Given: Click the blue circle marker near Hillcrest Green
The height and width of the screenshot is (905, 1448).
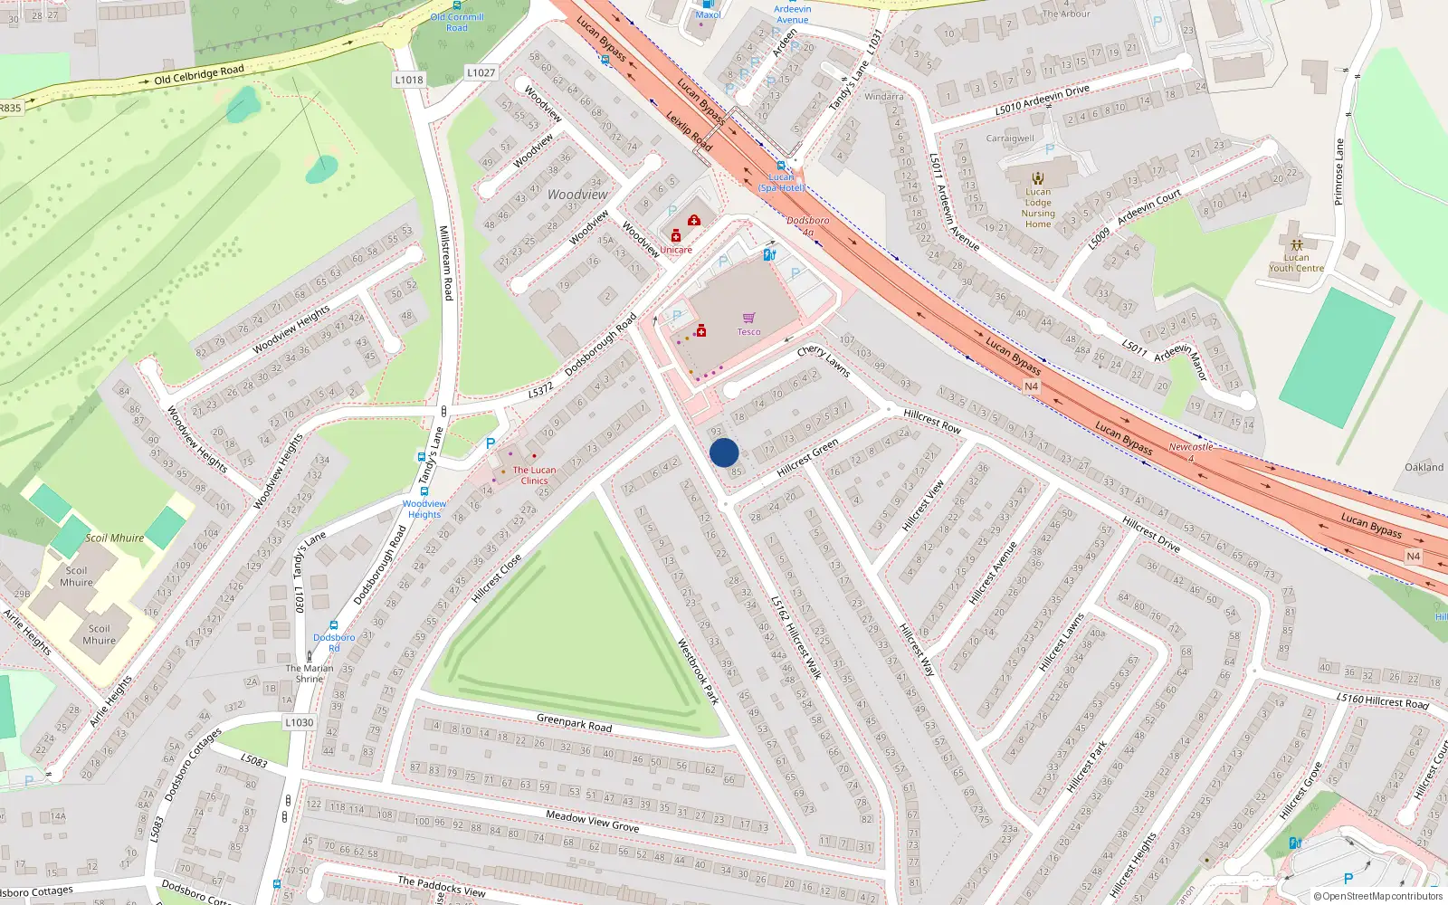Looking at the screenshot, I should (724, 452).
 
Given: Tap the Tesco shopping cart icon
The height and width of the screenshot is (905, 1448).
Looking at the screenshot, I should (748, 318).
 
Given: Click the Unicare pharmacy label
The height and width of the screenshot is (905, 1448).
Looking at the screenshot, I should (676, 250).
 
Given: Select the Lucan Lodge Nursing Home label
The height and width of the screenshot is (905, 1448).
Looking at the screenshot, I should (1038, 208).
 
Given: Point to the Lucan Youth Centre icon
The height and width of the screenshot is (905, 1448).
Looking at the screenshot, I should (1296, 244).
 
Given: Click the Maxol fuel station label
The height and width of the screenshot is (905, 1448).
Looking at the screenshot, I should (708, 14).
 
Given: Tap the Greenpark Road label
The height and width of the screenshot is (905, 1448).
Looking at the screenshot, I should (574, 722).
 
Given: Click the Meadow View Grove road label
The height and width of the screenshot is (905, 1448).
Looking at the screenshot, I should (592, 821).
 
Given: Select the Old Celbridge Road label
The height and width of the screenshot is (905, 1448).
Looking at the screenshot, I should (199, 74).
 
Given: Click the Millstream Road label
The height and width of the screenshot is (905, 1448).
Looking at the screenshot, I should (445, 262).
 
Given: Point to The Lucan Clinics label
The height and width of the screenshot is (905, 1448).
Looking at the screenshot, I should (534, 475).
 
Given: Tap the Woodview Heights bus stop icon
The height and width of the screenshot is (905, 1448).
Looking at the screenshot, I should (424, 491).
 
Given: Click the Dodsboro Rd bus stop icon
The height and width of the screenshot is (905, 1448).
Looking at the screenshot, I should (334, 625).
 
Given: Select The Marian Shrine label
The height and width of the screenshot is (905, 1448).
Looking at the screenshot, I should (310, 673).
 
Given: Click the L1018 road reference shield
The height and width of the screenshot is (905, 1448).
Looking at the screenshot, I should (409, 80).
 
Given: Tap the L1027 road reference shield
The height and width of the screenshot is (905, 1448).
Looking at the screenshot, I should (481, 72).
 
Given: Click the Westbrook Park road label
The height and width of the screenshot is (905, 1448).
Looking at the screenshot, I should (698, 671).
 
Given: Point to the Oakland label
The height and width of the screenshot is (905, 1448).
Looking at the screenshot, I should (1424, 467).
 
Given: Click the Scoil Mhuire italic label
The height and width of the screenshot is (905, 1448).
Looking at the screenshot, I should (114, 538).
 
